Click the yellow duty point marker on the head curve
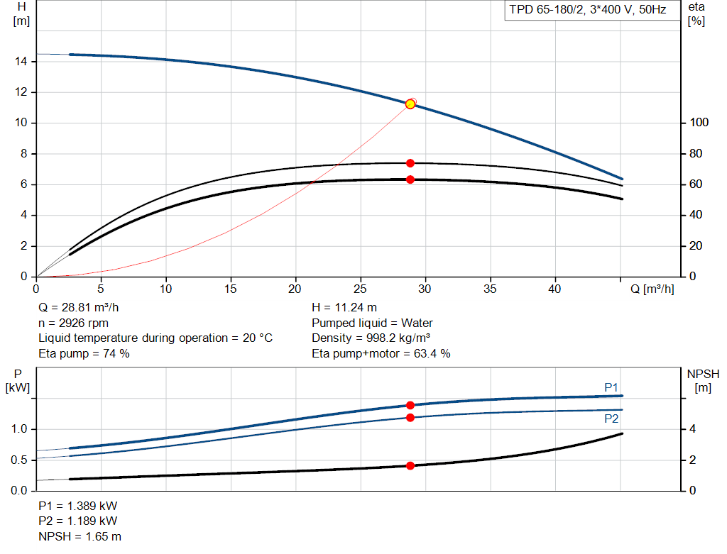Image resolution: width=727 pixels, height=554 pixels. point(410,104)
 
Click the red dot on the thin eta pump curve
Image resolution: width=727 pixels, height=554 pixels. point(410,163)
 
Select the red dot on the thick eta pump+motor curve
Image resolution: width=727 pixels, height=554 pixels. point(410,179)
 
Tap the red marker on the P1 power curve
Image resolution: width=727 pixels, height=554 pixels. point(410,405)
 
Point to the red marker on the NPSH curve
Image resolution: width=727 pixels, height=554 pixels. point(410,465)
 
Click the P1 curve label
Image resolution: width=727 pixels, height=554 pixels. point(611,387)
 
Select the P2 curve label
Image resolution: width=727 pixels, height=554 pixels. point(611,419)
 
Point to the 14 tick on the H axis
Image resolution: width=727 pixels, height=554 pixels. point(21,62)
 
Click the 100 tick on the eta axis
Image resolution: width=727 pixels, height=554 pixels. point(699,123)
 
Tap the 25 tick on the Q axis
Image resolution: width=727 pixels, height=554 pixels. point(360,289)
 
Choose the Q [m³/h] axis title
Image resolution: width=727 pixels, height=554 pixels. point(652,289)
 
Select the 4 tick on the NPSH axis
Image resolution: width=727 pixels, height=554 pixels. point(694,429)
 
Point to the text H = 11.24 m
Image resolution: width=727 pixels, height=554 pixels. point(344,309)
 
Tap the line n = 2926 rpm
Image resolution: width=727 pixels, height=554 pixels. point(73,323)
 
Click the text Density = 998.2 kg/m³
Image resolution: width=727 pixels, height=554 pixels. point(373,338)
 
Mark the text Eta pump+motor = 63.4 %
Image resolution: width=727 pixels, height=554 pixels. point(381,353)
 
